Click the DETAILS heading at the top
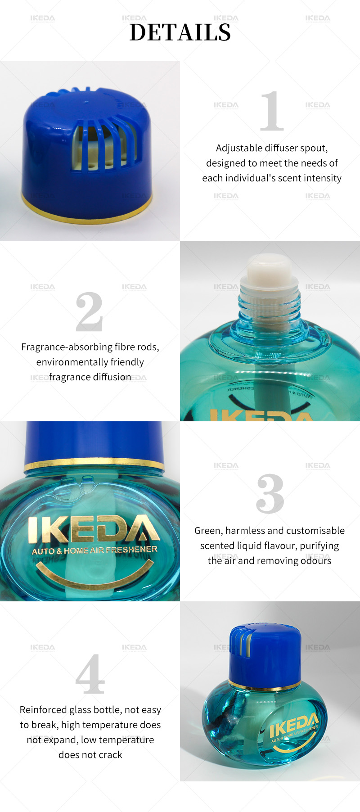click(180, 32)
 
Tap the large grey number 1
click(272, 111)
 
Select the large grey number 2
click(89, 311)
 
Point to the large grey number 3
click(270, 494)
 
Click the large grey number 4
click(90, 674)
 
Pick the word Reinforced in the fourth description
click(43, 710)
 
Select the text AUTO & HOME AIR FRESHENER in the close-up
click(94, 550)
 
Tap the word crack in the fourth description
click(111, 755)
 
